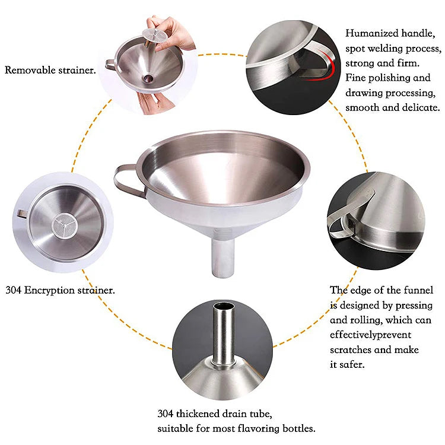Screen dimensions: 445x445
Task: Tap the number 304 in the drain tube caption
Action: [x=167, y=414]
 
